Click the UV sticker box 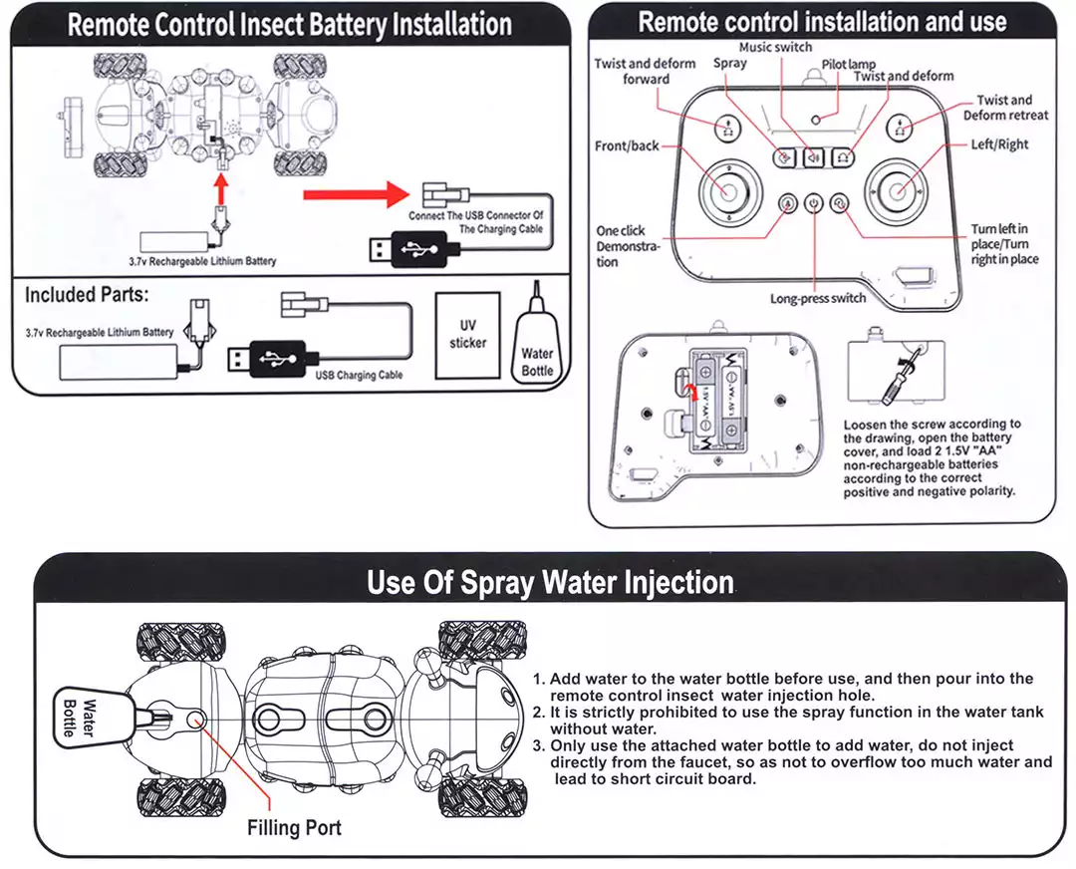(467, 334)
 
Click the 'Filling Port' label (294, 827)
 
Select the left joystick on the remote (727, 190)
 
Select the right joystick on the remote (897, 190)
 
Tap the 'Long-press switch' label (818, 298)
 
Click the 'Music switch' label (775, 47)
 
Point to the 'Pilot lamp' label (849, 64)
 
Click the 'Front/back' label (627, 145)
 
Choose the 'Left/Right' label (999, 145)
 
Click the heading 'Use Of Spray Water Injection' (550, 582)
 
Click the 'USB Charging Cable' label (359, 376)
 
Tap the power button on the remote (814, 203)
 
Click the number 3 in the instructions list (539, 746)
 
